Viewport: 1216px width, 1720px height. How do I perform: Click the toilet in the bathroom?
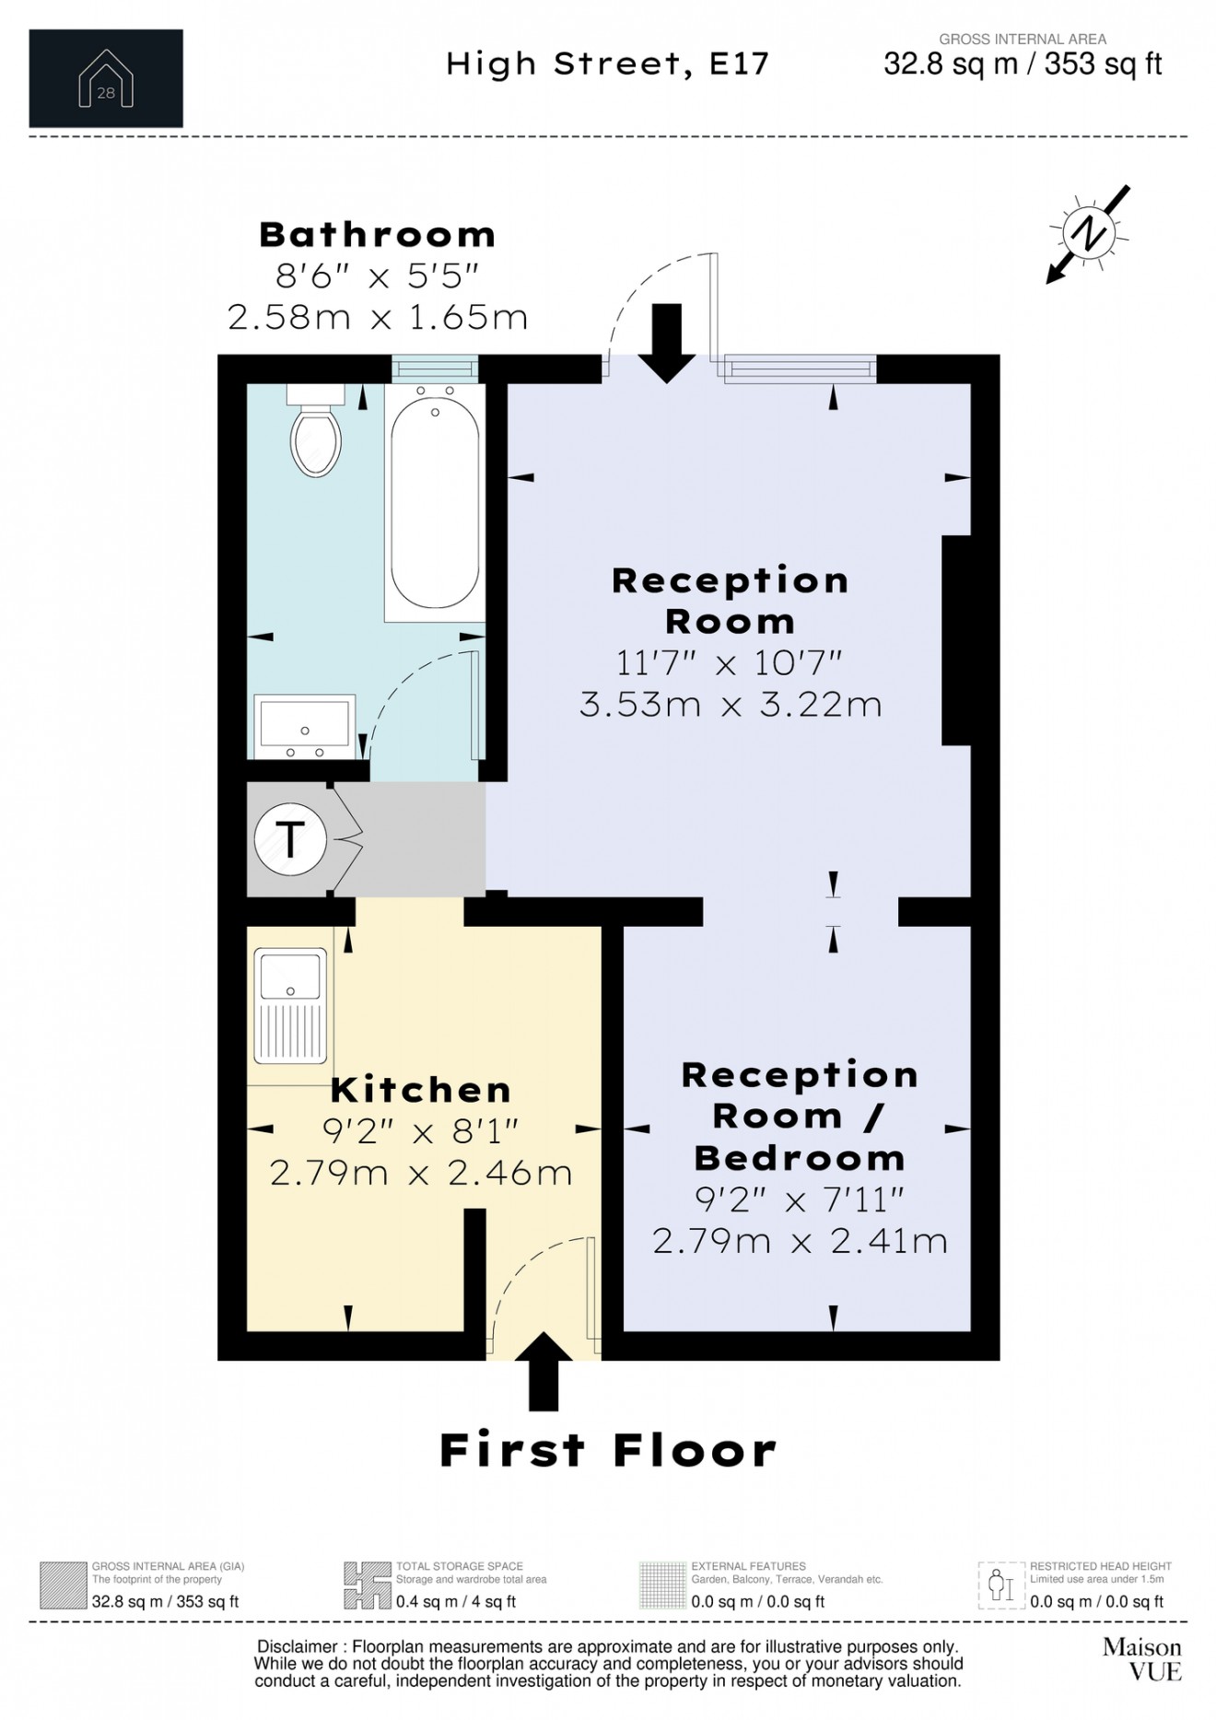(x=315, y=433)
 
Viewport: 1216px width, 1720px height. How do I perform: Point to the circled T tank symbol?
(x=290, y=839)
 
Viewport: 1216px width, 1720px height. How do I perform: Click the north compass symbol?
(x=1089, y=233)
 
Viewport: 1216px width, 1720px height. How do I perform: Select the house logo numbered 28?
(x=106, y=79)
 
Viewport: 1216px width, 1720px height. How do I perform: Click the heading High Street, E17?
(x=607, y=64)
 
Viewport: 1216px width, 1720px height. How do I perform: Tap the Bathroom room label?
(x=377, y=235)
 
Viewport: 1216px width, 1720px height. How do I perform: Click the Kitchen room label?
(x=420, y=1090)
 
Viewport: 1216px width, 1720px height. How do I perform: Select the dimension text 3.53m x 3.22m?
(x=731, y=705)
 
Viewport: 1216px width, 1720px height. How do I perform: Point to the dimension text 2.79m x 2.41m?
(x=800, y=1241)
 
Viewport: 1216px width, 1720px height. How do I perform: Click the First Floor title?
(x=608, y=1451)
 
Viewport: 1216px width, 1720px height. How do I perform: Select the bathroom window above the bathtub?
(x=435, y=369)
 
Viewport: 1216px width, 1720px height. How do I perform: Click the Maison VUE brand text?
(x=1142, y=1659)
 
